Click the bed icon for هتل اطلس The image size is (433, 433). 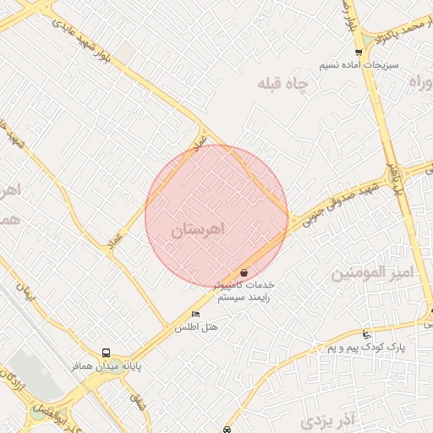click(196, 315)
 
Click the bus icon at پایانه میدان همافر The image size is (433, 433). click(106, 353)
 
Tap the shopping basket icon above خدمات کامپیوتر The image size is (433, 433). click(244, 273)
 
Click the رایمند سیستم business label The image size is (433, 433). click(245, 298)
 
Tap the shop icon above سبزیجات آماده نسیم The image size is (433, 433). click(359, 52)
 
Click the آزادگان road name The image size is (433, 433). click(12, 378)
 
